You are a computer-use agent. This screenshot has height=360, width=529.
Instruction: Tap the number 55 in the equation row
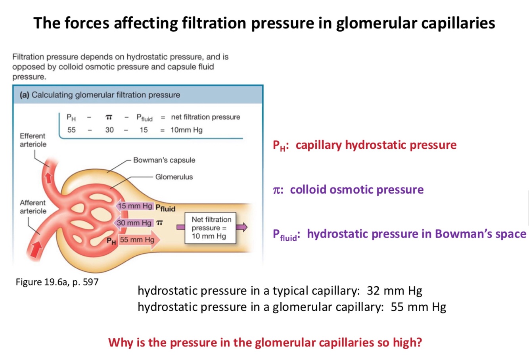(71, 130)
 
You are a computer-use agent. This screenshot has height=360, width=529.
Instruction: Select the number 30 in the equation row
(109, 130)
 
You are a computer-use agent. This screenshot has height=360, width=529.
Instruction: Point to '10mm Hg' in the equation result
(186, 130)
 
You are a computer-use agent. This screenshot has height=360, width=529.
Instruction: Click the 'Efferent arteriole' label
(33, 140)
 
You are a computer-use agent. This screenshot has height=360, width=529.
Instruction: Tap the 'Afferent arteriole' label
(33, 207)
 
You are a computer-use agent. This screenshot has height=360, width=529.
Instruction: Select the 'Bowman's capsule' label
(164, 160)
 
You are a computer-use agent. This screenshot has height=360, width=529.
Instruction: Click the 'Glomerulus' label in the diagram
(174, 177)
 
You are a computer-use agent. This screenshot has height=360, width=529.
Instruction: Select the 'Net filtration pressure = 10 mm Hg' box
(210, 228)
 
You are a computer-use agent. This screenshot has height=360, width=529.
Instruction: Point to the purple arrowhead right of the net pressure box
(241, 227)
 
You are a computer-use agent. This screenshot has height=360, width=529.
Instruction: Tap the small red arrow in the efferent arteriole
(48, 177)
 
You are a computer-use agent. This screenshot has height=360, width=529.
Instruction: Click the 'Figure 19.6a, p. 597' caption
(57, 282)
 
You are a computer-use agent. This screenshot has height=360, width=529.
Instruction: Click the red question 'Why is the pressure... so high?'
(265, 342)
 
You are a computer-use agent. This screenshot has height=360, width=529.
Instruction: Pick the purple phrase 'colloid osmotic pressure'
(356, 190)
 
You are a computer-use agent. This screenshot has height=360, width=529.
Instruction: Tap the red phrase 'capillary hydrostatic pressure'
(376, 145)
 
